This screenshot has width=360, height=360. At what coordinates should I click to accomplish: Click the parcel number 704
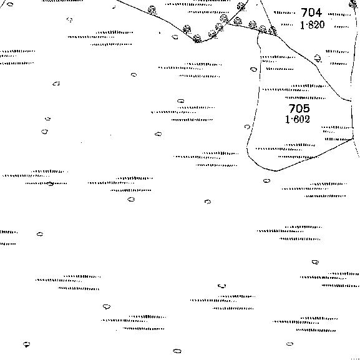pos(311,12)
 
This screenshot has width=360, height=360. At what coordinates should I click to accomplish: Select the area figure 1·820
pos(312,25)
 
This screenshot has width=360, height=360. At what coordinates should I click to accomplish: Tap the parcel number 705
pos(299,109)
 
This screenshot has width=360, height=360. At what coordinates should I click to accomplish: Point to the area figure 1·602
pos(298,119)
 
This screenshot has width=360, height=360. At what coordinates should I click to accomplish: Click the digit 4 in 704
pos(318,12)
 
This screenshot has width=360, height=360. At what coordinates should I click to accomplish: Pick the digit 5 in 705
pos(306,109)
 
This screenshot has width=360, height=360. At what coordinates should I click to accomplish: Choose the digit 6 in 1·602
pos(294,119)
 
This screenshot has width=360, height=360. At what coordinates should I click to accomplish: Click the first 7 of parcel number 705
pos(291,109)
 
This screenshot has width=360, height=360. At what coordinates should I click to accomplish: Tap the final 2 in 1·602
pos(307,119)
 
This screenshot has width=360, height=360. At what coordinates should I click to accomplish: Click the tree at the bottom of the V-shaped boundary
pos(197,39)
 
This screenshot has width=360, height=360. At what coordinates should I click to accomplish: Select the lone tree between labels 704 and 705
pos(318,58)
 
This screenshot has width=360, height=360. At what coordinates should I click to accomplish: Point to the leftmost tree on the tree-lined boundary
pos(152,10)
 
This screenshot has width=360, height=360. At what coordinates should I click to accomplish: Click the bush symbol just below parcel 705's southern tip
pos(266,181)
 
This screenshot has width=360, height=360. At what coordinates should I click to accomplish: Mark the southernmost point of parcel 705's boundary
pos(276,171)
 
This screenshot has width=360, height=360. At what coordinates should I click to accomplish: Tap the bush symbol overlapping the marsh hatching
pos(51,183)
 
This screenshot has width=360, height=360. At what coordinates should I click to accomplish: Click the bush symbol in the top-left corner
pos(10,4)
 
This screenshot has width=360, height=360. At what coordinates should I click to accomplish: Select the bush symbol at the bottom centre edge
pos(177,351)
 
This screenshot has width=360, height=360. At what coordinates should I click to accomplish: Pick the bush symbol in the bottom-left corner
pos(27,344)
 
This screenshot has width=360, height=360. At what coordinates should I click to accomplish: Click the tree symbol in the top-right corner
pos(353,4)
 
